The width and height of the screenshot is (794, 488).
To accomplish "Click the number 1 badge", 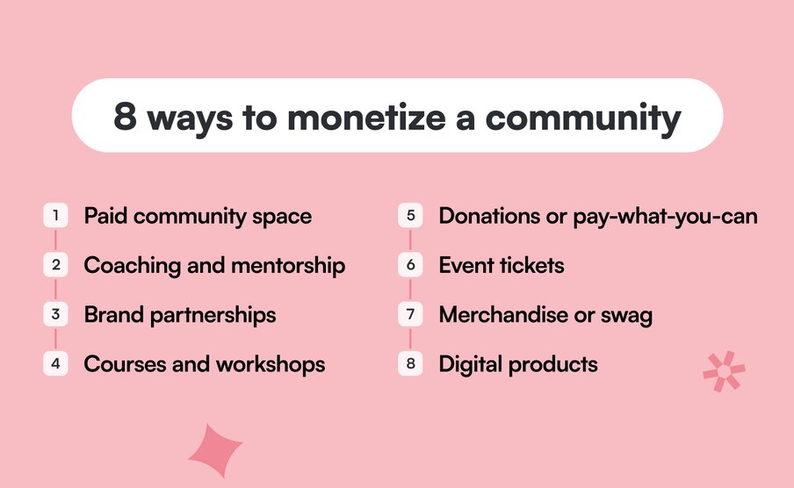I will point(55,216).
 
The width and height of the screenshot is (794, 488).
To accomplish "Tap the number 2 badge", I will point(55,265).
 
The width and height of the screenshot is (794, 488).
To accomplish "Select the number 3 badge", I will point(55,314).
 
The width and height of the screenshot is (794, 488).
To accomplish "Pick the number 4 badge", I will point(55,363).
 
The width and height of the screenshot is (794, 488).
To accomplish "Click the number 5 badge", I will point(410,216).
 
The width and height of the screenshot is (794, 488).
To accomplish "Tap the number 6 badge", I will point(410,265).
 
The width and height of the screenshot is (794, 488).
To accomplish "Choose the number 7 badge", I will point(410,314).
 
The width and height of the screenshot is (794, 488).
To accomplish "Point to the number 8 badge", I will point(410,363).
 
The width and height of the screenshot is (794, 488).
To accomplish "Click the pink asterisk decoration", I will point(724,371).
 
